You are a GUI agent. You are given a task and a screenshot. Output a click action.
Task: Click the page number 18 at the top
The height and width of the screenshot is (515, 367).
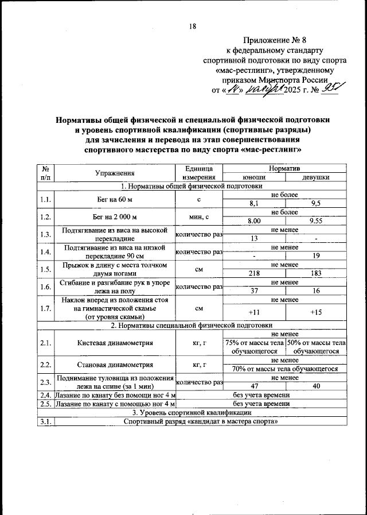193,26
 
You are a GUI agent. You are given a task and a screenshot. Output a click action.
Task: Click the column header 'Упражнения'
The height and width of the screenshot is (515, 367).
115,173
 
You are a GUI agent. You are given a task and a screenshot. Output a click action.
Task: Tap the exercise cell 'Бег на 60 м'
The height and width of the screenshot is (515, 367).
115,199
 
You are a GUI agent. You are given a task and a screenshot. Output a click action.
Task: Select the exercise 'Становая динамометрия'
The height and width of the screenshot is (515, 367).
115,365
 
